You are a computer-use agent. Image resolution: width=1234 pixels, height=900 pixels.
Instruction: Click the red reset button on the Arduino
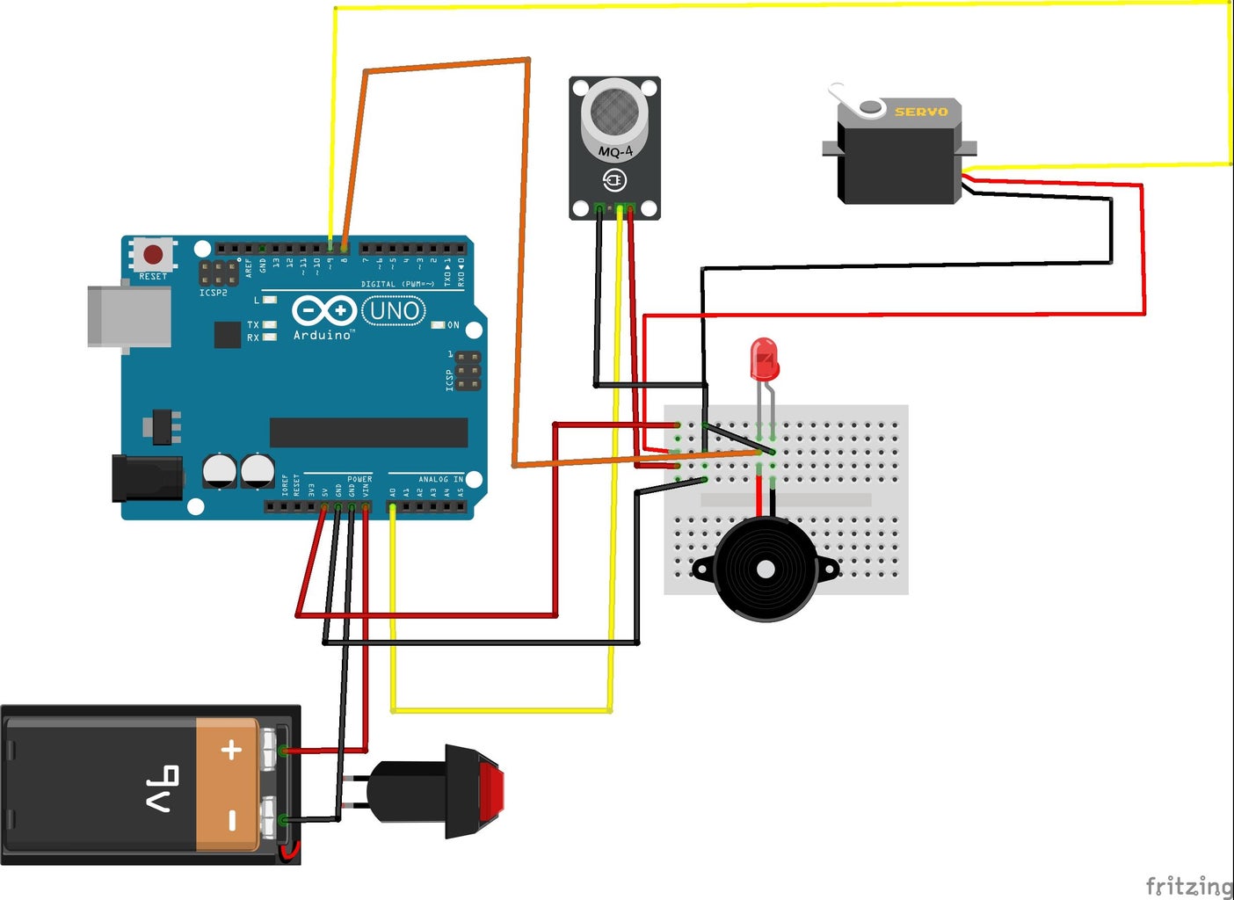153,255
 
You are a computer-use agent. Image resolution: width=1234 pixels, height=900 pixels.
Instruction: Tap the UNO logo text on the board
394,310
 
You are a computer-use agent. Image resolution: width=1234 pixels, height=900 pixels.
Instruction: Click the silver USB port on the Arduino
128,316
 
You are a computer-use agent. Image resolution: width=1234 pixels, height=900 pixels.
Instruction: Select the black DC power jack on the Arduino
147,478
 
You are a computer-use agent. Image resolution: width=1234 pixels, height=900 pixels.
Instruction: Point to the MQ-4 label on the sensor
615,152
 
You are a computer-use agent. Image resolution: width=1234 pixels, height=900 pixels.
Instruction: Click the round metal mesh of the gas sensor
614,112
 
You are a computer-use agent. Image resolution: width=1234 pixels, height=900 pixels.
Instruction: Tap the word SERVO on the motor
921,112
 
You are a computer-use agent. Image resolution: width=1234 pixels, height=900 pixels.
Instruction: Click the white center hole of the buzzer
766,570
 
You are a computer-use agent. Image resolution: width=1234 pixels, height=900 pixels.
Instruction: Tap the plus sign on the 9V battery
231,750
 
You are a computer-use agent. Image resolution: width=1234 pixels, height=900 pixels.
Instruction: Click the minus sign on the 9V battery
232,821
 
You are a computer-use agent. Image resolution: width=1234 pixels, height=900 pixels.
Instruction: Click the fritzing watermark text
1188,886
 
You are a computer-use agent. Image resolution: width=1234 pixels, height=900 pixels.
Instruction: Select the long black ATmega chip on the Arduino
368,432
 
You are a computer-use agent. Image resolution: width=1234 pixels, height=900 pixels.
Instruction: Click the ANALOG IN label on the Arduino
440,480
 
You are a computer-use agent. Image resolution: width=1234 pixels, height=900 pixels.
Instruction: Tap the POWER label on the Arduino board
359,480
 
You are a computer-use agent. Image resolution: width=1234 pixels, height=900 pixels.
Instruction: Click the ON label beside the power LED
454,325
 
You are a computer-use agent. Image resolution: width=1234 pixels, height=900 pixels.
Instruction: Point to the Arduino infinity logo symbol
323,310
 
